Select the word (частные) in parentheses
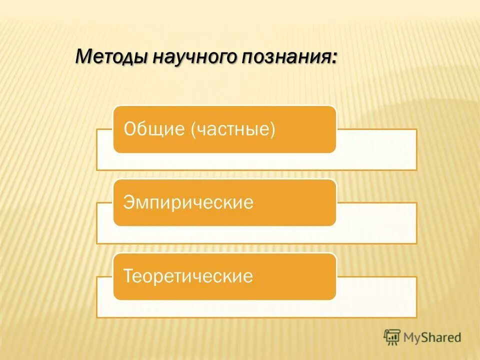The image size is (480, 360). (233, 130)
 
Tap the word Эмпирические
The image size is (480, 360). (189, 203)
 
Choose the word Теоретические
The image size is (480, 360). (188, 276)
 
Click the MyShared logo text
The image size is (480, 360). (432, 337)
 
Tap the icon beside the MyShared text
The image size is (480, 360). (392, 337)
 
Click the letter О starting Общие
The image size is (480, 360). (130, 129)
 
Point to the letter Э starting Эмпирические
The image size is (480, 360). (129, 203)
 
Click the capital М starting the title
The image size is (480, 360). (83, 56)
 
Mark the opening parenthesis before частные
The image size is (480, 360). (193, 130)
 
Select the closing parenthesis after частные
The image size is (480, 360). (272, 130)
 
